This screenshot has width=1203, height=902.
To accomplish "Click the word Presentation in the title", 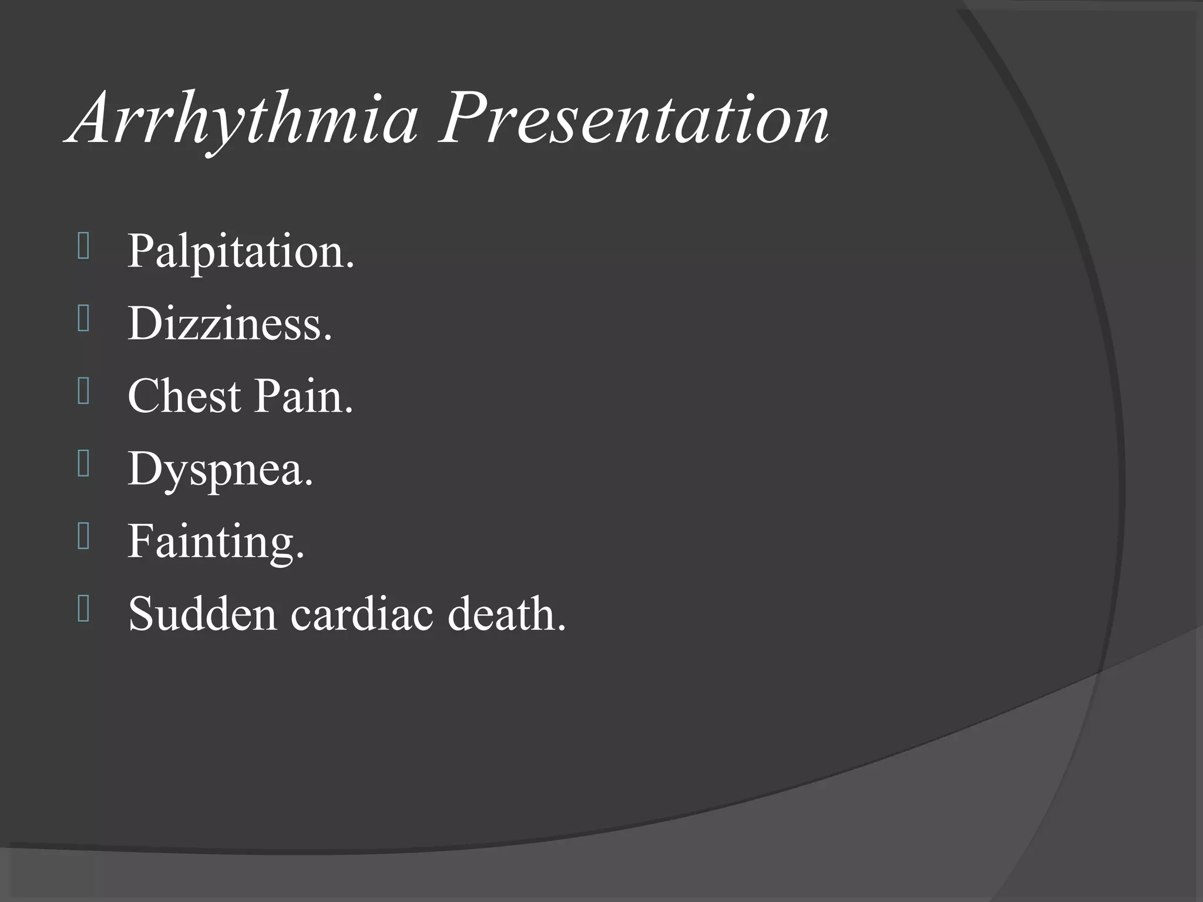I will point(634,120).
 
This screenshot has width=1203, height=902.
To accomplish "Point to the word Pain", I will point(303,396).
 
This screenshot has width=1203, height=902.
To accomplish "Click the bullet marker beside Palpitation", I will point(83,247).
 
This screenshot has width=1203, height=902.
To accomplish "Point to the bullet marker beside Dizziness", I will point(83,320).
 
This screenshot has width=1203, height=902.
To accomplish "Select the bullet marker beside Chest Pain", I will point(83,392).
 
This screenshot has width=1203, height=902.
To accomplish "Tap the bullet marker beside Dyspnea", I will point(83,465).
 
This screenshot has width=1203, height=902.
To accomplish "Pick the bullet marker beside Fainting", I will point(83,537).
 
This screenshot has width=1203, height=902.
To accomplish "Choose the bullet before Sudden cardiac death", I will point(83,610).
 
